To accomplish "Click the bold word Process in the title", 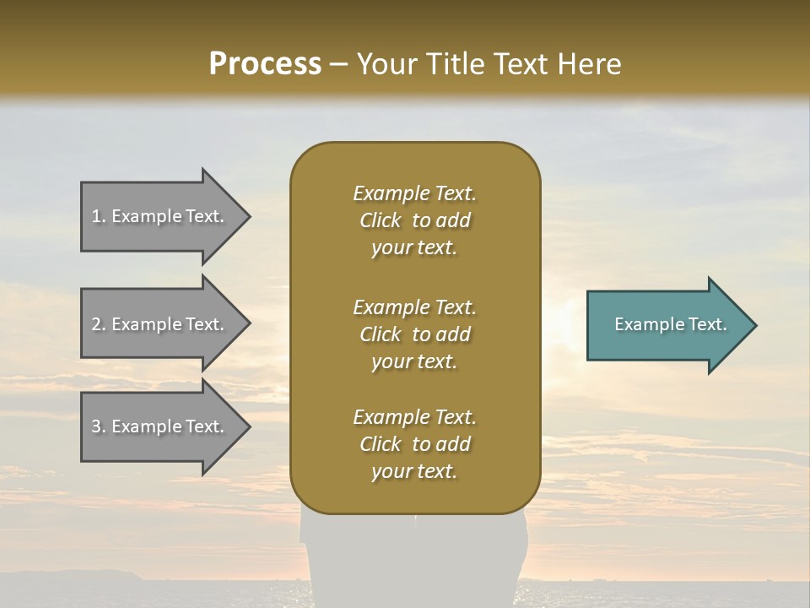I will point(265,64).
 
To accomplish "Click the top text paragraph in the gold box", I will point(414,220).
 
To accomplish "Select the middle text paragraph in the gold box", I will point(414,334).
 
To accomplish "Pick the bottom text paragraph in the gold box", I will point(414,444).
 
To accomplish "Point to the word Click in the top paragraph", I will point(380,220).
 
